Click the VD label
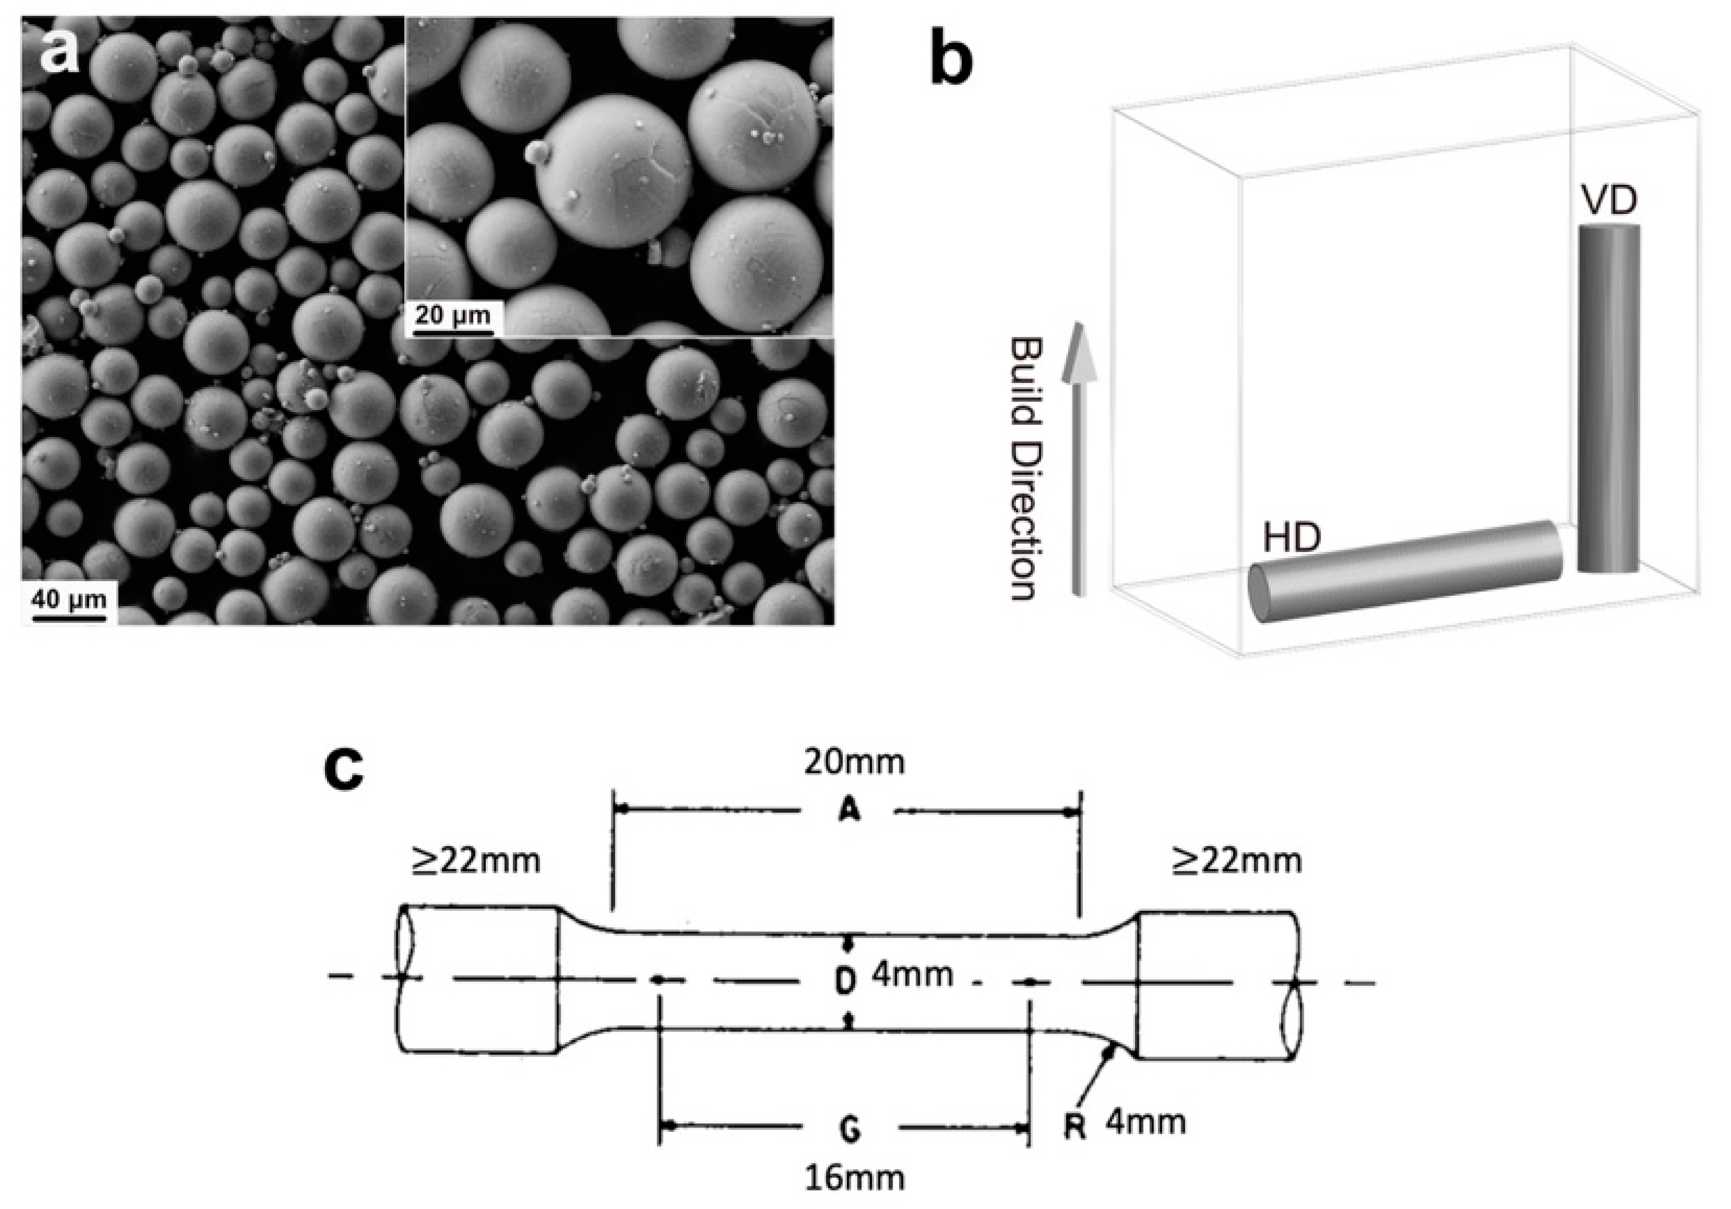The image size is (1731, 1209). tap(1609, 200)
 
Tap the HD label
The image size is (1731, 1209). tap(1292, 537)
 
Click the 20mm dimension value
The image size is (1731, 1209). tap(854, 762)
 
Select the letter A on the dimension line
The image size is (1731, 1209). tap(849, 812)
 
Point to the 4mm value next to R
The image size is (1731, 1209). tap(1146, 1122)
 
